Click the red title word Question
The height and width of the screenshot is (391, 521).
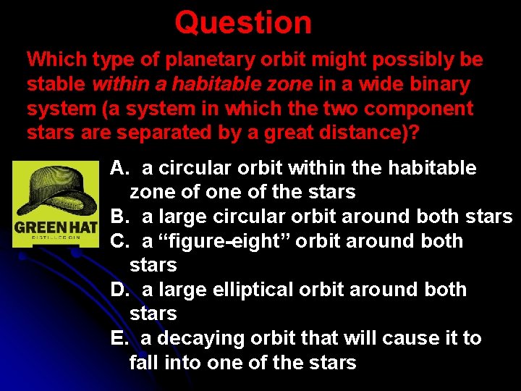pyautogui.click(x=243, y=22)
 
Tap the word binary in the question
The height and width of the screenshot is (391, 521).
pyautogui.click(x=439, y=85)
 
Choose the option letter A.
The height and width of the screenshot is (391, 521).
pyautogui.click(x=119, y=168)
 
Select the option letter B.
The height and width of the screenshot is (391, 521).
pyautogui.click(x=119, y=216)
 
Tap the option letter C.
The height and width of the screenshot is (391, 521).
pyautogui.click(x=119, y=241)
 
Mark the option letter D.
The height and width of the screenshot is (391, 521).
pyautogui.click(x=119, y=290)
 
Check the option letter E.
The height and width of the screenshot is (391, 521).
pyautogui.click(x=118, y=338)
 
